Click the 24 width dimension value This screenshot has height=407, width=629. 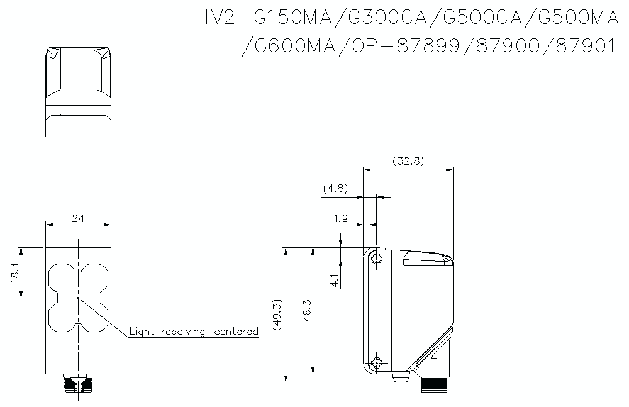coord(78,218)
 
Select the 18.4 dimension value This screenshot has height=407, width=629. coord(16,272)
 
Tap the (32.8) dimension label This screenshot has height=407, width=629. coord(408,161)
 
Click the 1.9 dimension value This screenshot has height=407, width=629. coord(340,218)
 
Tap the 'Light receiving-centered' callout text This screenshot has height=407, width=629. coord(194,331)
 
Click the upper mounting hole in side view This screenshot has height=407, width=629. coord(376,259)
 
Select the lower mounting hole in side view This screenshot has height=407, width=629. coord(376,362)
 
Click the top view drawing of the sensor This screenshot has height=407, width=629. coord(78,91)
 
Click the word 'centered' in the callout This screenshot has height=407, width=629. coord(235,331)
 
